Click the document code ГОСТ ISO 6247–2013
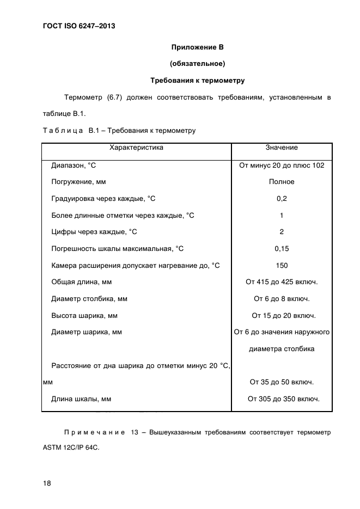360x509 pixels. (x=78, y=26)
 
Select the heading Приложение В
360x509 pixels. (x=198, y=47)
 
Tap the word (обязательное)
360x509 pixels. (x=198, y=64)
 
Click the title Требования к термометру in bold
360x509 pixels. (x=198, y=81)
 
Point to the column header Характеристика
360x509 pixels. (x=136, y=148)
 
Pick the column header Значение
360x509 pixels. (x=282, y=148)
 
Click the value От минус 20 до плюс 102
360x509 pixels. (x=282, y=165)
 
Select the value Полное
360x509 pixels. (x=282, y=182)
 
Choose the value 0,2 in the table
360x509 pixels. (x=282, y=199)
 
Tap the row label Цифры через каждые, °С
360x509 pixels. (x=94, y=232)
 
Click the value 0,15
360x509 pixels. (x=282, y=249)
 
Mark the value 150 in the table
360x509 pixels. (x=282, y=266)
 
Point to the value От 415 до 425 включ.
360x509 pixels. (x=282, y=282)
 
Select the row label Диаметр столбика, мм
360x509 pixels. (x=89, y=299)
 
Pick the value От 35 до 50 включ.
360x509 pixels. (x=282, y=382)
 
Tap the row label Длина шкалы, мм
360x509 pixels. (x=81, y=399)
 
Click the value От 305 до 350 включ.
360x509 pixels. (x=283, y=399)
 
